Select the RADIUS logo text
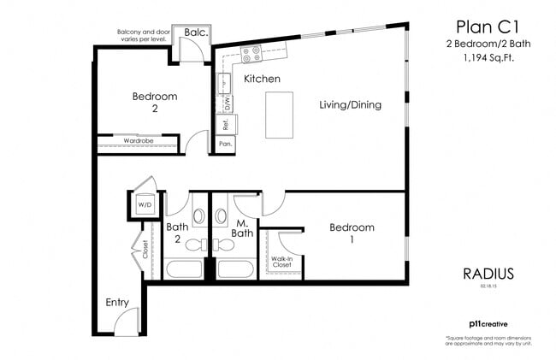[488, 274]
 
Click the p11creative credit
[486, 325]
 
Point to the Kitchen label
[262, 79]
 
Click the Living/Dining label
[350, 105]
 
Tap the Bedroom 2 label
[155, 103]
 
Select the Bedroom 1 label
[352, 233]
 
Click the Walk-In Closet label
[283, 262]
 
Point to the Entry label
[117, 303]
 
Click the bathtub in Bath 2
[184, 269]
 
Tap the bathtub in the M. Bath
[235, 269]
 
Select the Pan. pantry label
[225, 145]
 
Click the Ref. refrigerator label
[225, 124]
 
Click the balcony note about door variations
[142, 36]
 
